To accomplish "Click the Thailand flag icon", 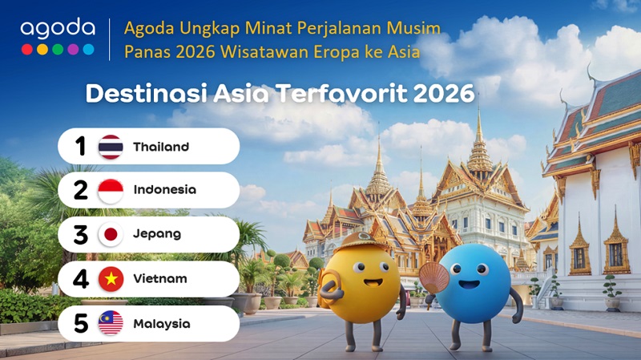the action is pos(111,147).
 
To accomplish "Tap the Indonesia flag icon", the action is pos(111,191).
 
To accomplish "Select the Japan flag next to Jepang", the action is pos(111,234).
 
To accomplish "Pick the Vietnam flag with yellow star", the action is pos(111,279).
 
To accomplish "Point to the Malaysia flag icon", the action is pos(111,323).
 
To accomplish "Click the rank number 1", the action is pos(81,146).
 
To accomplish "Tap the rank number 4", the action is pos(81,279).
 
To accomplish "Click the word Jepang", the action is pos(157,234).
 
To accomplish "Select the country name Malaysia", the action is pos(162,324).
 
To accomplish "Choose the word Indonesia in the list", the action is pos(165,189).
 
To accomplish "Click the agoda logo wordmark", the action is pos(58,28).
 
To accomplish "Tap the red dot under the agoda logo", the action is pos(27,50).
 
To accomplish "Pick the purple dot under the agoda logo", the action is pos(73,50).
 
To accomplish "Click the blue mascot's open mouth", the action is pos(469,285).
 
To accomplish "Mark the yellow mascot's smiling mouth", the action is pos(373,283).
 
